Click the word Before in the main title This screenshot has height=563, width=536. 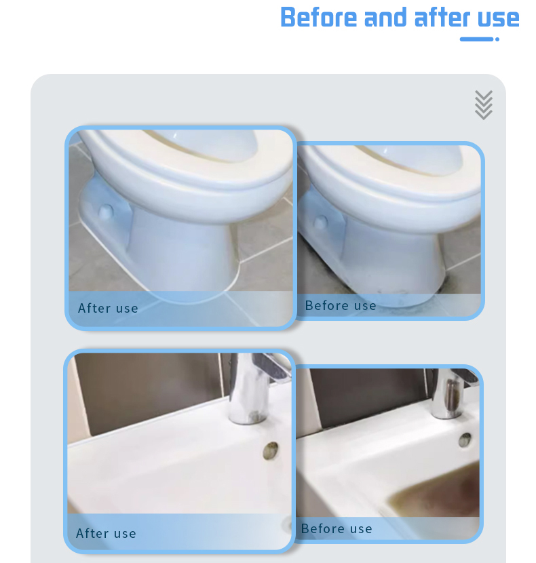click(x=318, y=17)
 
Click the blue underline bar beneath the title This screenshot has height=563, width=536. click(x=477, y=39)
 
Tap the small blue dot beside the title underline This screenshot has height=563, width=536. click(x=497, y=39)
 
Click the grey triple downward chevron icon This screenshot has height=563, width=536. click(x=484, y=105)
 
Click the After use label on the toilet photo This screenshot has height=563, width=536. click(x=108, y=308)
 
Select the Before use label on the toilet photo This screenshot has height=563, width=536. click(x=341, y=305)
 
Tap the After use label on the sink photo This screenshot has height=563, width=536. click(x=106, y=533)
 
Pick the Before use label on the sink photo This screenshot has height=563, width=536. click(x=337, y=528)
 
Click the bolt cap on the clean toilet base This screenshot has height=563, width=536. click(x=106, y=212)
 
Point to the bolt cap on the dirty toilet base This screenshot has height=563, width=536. click(x=320, y=222)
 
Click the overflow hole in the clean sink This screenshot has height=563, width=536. click(x=271, y=450)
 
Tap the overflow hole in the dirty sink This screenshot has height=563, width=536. click(x=465, y=440)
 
